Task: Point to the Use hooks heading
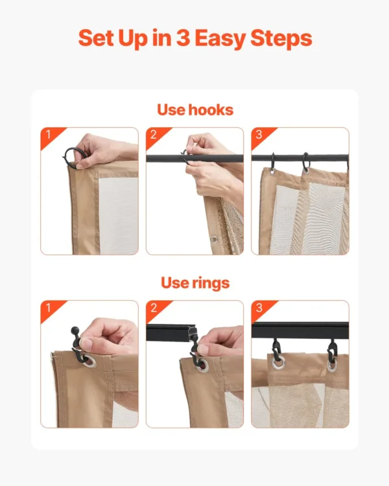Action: (x=194, y=110)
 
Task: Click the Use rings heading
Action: (x=194, y=283)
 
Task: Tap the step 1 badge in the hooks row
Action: (x=47, y=135)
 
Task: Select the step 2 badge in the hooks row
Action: (x=153, y=135)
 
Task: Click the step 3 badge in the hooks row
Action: (x=259, y=135)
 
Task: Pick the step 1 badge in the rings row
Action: (x=47, y=308)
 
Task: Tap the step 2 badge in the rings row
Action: (x=153, y=308)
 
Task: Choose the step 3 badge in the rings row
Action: (x=259, y=308)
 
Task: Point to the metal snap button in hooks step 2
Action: (x=213, y=239)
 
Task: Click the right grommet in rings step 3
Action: (x=331, y=364)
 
